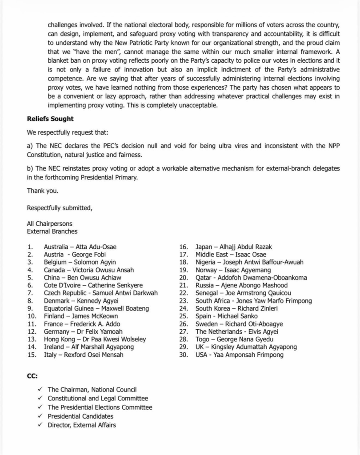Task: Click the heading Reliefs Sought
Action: [x=50, y=119]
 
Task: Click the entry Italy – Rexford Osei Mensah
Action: [x=84, y=355]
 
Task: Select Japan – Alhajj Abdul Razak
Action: [x=234, y=247]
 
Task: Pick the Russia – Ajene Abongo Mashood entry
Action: [x=241, y=285]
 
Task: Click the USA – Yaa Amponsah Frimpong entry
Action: [x=239, y=355]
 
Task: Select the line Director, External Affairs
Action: [x=82, y=425]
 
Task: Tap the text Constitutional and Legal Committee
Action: [x=98, y=399]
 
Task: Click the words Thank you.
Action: [x=42, y=191]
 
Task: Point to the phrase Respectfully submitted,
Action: [x=60, y=208]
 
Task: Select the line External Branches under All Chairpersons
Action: [x=52, y=231]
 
